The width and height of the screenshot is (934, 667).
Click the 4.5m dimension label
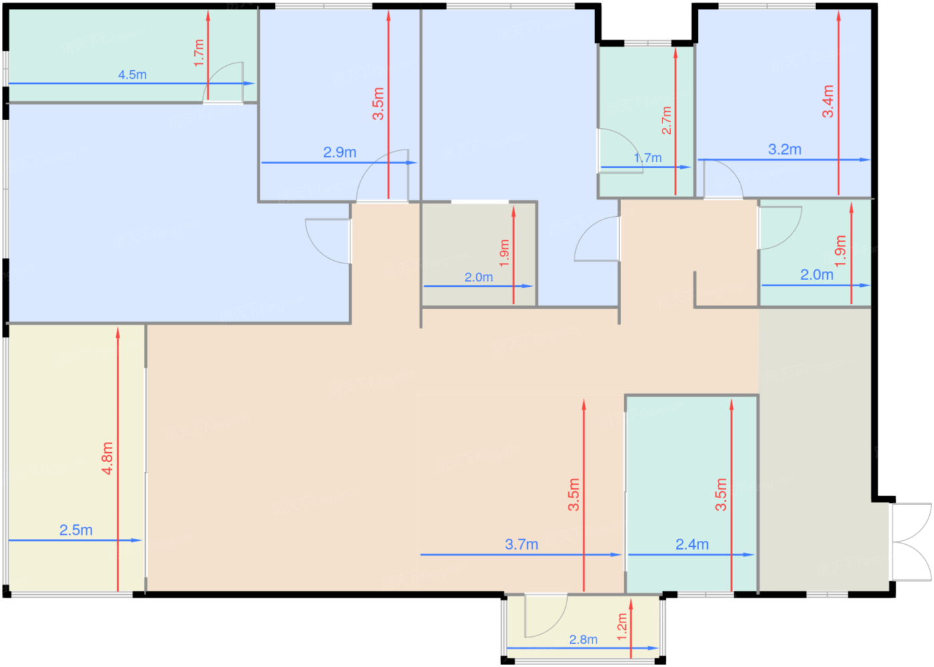click(132, 75)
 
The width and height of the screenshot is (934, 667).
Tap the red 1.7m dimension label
click(199, 53)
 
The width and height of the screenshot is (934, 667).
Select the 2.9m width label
click(340, 152)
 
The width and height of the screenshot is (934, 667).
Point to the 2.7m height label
click(666, 120)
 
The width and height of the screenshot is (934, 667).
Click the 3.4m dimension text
click(828, 101)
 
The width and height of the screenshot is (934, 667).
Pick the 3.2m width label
click(785, 149)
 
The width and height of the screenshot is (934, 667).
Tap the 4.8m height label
click(107, 458)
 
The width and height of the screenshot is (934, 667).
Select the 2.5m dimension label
click(76, 530)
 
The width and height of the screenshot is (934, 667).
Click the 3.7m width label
click(521, 544)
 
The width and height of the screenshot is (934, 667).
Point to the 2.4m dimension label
click(692, 544)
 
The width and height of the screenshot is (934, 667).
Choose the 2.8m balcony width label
click(583, 639)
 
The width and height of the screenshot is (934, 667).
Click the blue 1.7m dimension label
click(648, 157)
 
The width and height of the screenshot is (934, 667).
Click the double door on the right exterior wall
click(911, 542)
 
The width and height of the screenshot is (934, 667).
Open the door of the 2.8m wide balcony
click(546, 616)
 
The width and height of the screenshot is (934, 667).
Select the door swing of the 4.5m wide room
click(223, 82)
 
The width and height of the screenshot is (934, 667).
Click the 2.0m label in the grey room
click(479, 277)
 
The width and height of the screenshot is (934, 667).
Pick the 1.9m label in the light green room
click(840, 251)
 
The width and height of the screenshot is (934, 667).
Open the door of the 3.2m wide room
click(723, 179)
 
